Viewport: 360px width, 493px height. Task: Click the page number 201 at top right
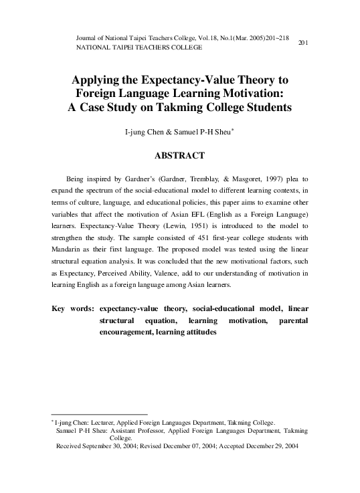click(x=302, y=43)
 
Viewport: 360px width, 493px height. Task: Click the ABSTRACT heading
click(x=179, y=155)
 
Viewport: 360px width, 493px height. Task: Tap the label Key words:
click(x=72, y=308)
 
